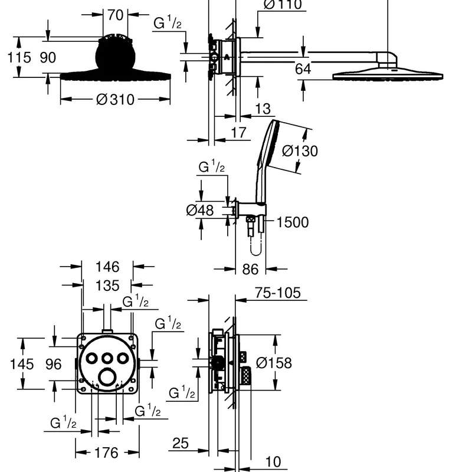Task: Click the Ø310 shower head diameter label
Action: [x=115, y=100]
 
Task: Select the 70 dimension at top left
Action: [x=115, y=15]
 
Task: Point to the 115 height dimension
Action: [x=19, y=57]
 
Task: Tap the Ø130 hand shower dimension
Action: [x=300, y=151]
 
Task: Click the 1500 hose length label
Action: [x=292, y=222]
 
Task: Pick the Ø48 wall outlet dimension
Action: [x=200, y=210]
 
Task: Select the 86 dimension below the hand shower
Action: [x=250, y=269]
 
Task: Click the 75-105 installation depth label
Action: [x=277, y=293]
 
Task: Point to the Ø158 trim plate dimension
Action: [x=274, y=363]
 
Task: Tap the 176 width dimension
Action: [x=107, y=453]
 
